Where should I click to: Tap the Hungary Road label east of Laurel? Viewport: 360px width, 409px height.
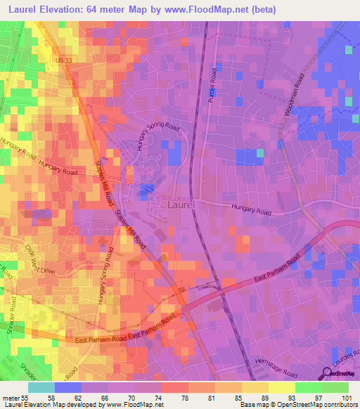252,209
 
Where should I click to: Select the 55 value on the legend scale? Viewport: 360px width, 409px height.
27,398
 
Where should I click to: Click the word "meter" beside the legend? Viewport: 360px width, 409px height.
10,398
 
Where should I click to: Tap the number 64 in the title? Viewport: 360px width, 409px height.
101,10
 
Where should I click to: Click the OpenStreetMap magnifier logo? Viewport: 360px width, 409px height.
328,375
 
